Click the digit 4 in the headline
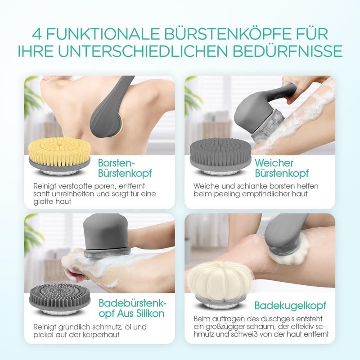click(x=37, y=34)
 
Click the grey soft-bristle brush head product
click(x=220, y=156)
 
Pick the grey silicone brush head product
click(x=60, y=298)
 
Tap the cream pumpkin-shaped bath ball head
click(x=220, y=285)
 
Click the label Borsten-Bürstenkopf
click(x=125, y=168)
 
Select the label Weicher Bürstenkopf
click(x=282, y=168)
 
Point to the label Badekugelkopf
click(x=290, y=306)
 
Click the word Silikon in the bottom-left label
click(x=149, y=313)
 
